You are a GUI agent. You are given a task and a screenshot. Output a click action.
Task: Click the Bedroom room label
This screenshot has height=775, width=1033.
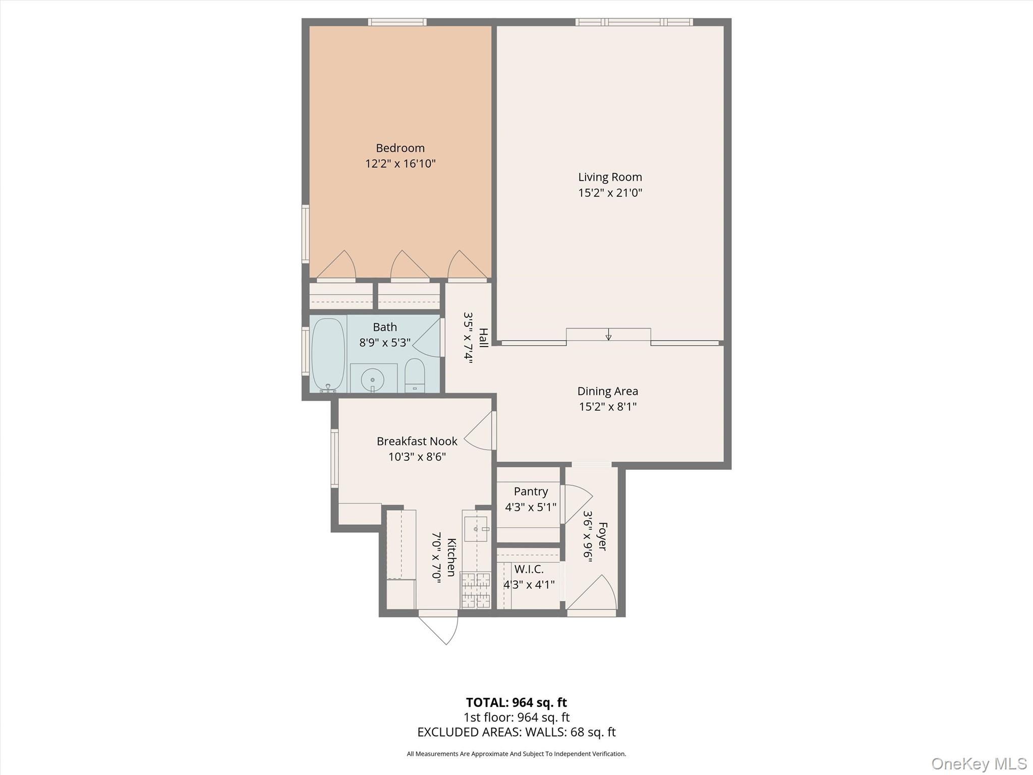pos(400,148)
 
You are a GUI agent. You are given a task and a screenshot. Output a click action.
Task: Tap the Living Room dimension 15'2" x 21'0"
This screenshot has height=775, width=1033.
pos(610,193)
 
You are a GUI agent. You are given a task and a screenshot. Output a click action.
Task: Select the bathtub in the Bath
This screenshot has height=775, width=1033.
pos(328,354)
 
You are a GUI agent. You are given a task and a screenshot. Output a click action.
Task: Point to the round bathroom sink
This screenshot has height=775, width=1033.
pos(373,379)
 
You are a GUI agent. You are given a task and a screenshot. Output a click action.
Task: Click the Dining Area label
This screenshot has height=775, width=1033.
pos(607,391)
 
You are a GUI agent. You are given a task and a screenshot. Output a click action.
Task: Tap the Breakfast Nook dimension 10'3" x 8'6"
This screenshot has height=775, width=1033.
pos(417,457)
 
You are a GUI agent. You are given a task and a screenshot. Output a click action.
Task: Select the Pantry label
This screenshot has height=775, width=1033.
pos(531,491)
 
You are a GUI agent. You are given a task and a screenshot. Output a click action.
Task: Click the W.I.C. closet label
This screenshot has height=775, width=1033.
pos(529,569)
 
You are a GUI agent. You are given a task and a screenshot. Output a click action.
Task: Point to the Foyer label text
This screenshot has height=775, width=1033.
pos(602,536)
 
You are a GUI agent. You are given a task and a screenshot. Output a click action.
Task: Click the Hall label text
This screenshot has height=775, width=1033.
pos(483,338)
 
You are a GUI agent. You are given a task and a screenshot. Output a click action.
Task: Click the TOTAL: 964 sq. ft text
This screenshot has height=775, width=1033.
pos(516,702)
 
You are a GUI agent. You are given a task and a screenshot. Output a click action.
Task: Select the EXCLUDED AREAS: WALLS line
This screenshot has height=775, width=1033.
pos(516,732)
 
